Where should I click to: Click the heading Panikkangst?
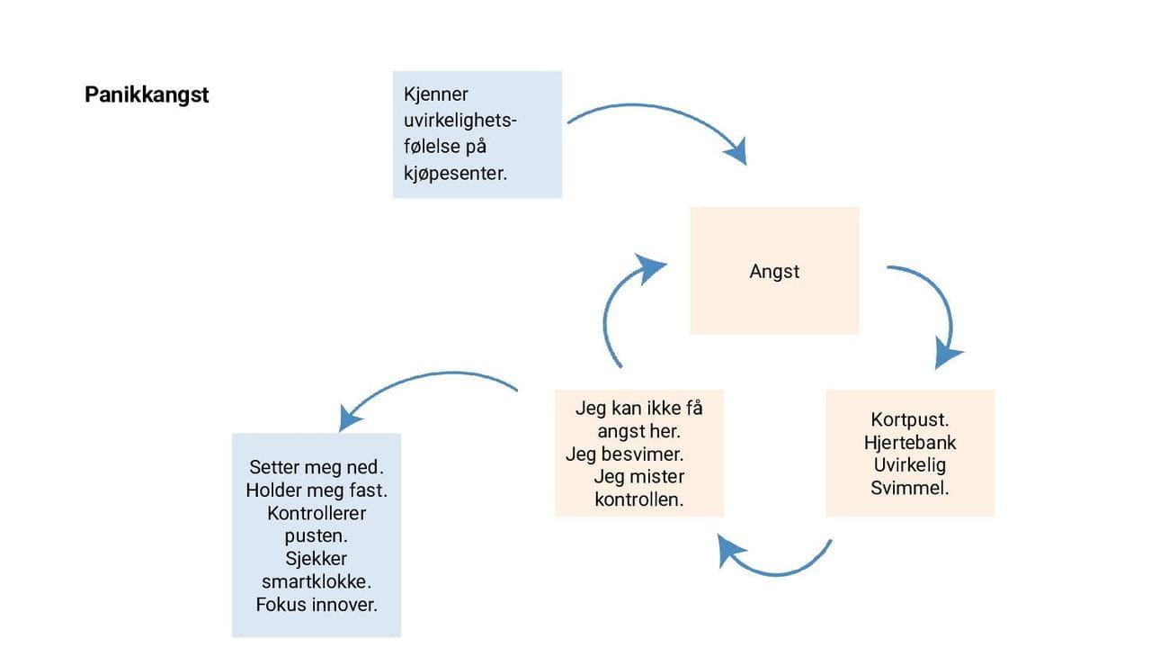(147, 94)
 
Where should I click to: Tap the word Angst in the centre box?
(774, 271)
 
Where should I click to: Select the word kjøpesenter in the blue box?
(456, 172)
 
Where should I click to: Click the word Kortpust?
(910, 419)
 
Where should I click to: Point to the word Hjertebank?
(910, 443)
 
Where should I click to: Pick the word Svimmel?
(910, 489)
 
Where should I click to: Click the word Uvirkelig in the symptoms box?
(910, 465)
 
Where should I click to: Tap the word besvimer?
(640, 454)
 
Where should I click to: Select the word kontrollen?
(638, 499)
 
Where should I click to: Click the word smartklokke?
(317, 581)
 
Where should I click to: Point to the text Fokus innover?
(317, 604)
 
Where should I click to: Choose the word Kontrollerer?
(317, 513)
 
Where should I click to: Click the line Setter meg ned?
(317, 468)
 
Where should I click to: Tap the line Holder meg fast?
(317, 490)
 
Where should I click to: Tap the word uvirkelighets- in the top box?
(460, 120)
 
